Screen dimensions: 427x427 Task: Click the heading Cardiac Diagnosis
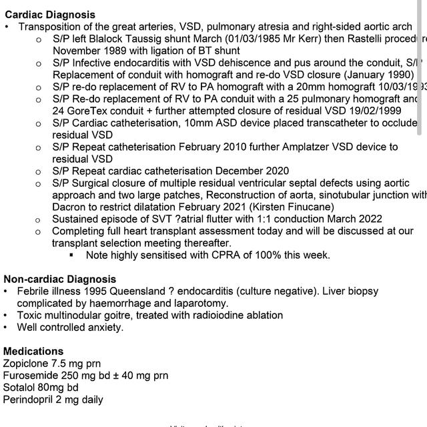pyautogui.click(x=50, y=15)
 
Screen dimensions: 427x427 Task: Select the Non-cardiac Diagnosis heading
pyautogui.click(x=59, y=280)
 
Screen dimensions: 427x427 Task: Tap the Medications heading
pyautogui.click(x=33, y=352)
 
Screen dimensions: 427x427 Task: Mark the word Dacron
pyautogui.click(x=70, y=207)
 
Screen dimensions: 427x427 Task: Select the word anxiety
pyautogui.click(x=105, y=328)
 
